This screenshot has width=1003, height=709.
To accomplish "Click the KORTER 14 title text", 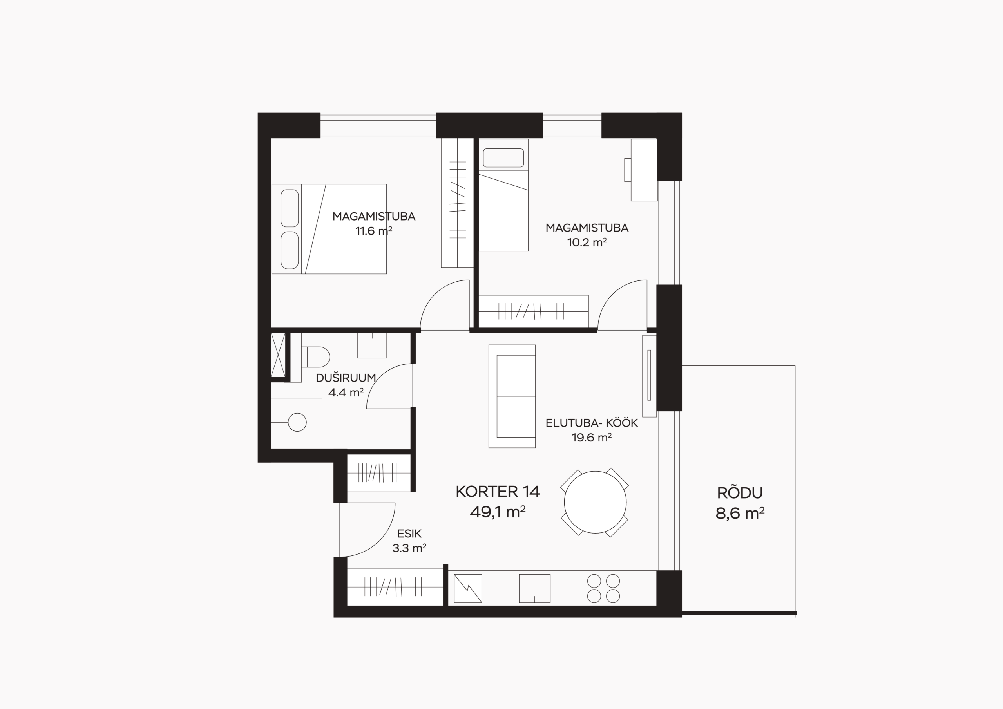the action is pyautogui.click(x=498, y=492).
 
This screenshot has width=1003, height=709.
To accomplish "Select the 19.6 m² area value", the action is pyautogui.click(x=592, y=437).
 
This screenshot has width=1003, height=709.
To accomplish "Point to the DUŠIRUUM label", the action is pyautogui.click(x=346, y=378).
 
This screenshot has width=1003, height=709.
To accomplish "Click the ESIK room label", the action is pyautogui.click(x=409, y=534).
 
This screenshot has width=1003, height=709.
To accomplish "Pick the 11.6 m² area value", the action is pyautogui.click(x=373, y=231).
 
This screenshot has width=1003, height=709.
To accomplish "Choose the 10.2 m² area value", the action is pyautogui.click(x=587, y=242).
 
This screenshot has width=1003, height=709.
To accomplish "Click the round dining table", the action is pyautogui.click(x=595, y=503).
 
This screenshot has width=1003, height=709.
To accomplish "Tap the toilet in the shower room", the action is pyautogui.click(x=315, y=357).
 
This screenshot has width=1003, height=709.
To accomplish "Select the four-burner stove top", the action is pyautogui.click(x=604, y=588).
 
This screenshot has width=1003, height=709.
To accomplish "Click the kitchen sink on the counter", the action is pyautogui.click(x=534, y=588).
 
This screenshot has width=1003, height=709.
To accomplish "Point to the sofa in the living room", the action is pyautogui.click(x=512, y=396).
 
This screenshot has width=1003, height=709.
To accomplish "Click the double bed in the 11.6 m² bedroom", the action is pyautogui.click(x=329, y=229).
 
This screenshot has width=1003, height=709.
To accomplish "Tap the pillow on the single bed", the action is pyautogui.click(x=503, y=158).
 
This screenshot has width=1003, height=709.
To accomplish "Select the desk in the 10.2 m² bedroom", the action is pyautogui.click(x=644, y=170).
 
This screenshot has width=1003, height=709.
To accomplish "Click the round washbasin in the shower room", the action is pyautogui.click(x=297, y=422).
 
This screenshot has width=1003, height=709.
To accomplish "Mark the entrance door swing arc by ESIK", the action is pyautogui.click(x=381, y=541).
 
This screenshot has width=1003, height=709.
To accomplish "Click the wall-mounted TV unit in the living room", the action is pyautogui.click(x=649, y=376).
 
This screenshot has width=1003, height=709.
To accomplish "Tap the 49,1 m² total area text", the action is pyautogui.click(x=498, y=512).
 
